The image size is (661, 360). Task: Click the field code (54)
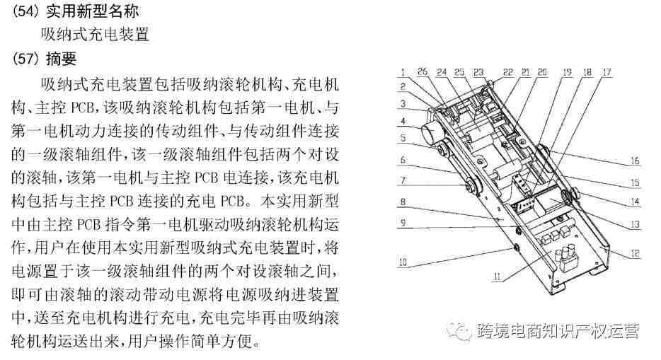(25, 11)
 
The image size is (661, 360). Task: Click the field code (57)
(25, 58)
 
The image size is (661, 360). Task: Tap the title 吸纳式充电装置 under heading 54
(95, 34)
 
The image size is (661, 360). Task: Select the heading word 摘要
(61, 58)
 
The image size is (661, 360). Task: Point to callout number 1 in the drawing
(403, 72)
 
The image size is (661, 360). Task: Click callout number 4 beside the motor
(403, 122)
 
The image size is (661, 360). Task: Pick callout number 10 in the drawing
(403, 262)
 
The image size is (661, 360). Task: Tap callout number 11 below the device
(498, 277)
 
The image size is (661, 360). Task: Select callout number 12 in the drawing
(635, 253)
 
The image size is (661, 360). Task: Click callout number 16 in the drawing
(635, 161)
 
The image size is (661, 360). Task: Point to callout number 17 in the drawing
(607, 72)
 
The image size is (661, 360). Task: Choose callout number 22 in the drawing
(508, 72)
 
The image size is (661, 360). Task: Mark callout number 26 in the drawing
(423, 72)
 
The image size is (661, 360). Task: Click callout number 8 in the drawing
(403, 202)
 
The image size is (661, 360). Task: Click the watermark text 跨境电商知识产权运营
(558, 331)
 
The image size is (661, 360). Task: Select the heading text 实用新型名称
(92, 11)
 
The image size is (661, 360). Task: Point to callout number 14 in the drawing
(635, 202)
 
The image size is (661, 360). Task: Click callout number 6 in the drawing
(403, 160)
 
